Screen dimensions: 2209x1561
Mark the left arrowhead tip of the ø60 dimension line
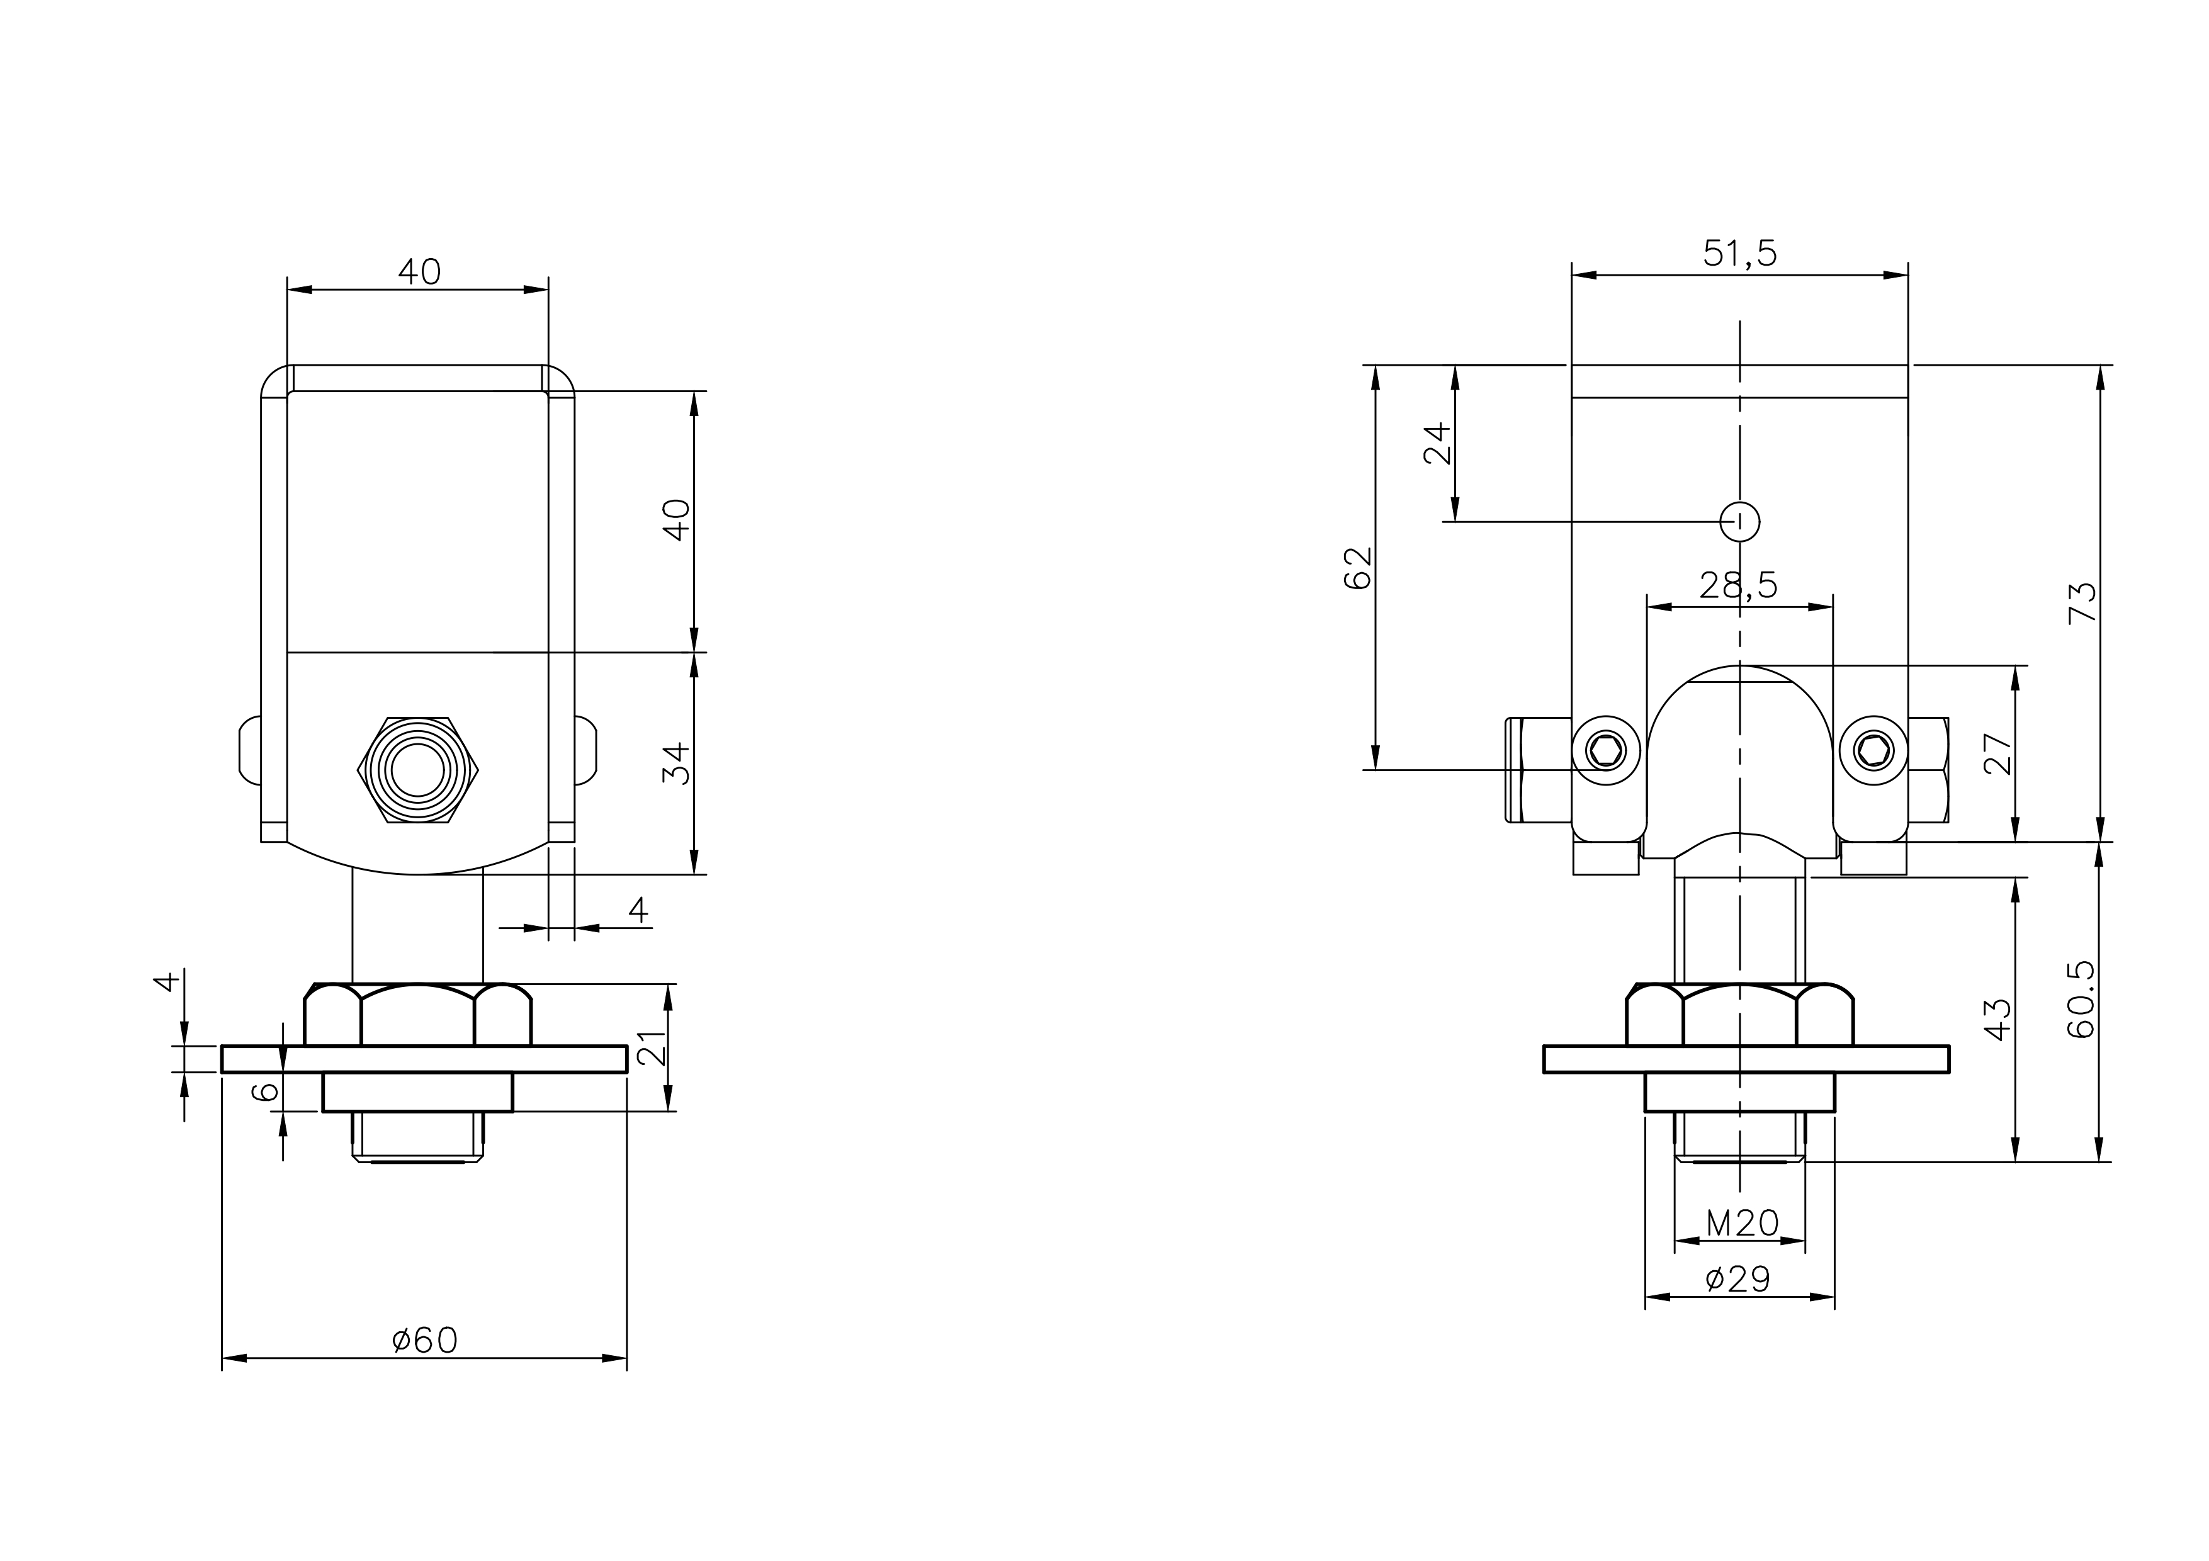pyautogui.click(x=222, y=1358)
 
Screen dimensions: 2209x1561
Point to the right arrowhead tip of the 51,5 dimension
pyautogui.click(x=1908, y=275)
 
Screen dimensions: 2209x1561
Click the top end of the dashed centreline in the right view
pyautogui.click(x=1739, y=320)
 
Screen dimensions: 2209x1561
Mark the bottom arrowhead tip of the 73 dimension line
pyautogui.click(x=2100, y=842)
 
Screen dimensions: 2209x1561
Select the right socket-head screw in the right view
pyautogui.click(x=1873, y=750)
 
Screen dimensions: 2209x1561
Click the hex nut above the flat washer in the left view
pyautogui.click(x=417, y=1014)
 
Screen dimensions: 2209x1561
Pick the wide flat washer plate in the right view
pyautogui.click(x=1746, y=1059)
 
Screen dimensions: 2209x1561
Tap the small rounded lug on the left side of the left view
pyautogui.click(x=249, y=750)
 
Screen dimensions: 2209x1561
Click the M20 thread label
pyautogui.click(x=1743, y=1224)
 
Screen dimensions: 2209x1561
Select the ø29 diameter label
pyautogui.click(x=1737, y=1279)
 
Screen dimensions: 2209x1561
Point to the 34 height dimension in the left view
pyautogui.click(x=677, y=763)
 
